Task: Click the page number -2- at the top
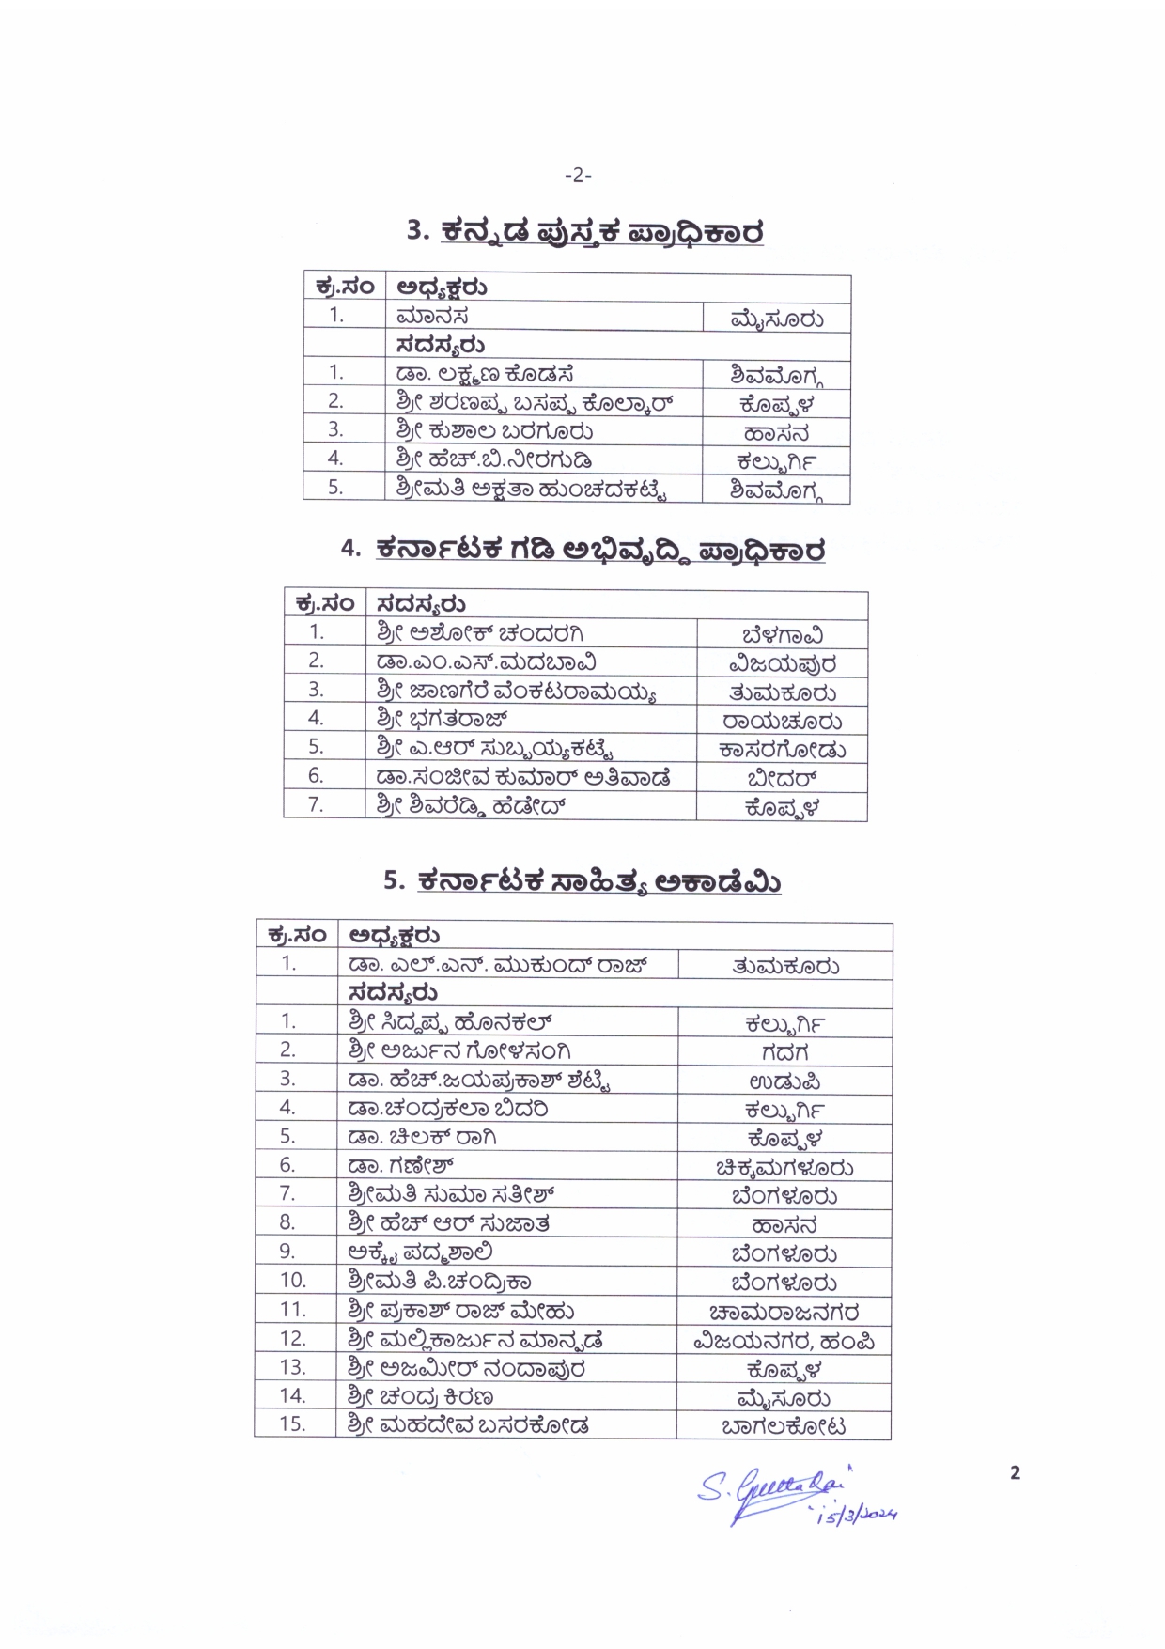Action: coord(578,175)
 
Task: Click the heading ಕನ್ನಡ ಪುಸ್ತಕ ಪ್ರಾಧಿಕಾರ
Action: coord(601,232)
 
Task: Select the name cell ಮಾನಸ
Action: coord(432,318)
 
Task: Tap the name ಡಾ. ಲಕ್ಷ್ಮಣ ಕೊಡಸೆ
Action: coord(485,374)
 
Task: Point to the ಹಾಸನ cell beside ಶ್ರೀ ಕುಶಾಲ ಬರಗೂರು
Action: coord(776,433)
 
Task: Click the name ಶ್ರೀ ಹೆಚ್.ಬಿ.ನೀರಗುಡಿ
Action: coord(494,460)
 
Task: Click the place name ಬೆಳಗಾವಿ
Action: coord(782,635)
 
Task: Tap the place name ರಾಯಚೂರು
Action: coord(782,722)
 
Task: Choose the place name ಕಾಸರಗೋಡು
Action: coord(782,750)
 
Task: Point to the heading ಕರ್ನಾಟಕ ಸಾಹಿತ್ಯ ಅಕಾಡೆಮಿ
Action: coord(598,881)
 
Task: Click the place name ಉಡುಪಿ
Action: coord(784,1081)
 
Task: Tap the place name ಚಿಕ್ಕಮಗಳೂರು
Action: coord(784,1168)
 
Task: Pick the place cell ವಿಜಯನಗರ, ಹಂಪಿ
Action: coord(784,1342)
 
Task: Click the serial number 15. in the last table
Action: coord(293,1424)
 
